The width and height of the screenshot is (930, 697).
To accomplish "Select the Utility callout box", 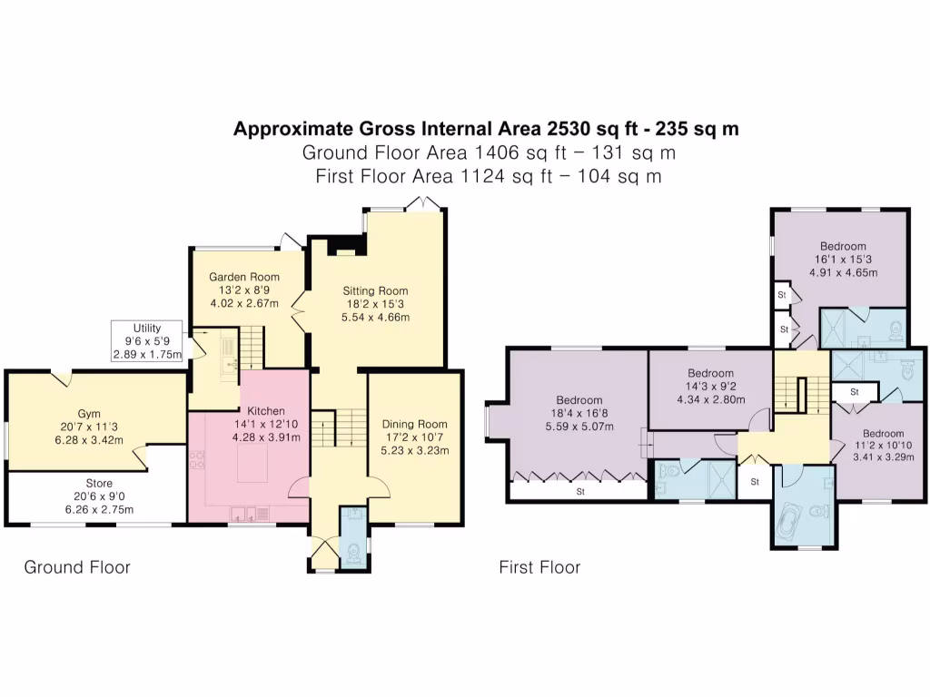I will [x=148, y=340].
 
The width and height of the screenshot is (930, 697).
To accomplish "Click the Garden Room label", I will [x=244, y=277].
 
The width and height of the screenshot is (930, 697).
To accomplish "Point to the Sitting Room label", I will [x=375, y=291].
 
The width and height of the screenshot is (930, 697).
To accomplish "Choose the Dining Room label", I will [x=413, y=424].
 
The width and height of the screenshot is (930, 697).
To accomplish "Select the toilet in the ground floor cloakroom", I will [x=352, y=551].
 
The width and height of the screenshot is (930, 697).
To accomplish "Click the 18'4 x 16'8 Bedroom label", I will [x=579, y=400].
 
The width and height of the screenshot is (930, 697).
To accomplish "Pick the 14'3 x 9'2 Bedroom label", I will [x=710, y=373].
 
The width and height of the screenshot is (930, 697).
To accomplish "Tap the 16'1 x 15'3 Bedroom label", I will [x=842, y=246].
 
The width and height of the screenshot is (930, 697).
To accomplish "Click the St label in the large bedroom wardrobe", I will [x=579, y=493].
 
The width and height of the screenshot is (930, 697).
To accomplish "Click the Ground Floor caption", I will [x=76, y=567].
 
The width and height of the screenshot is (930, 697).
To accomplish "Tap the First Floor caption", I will [x=539, y=567].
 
